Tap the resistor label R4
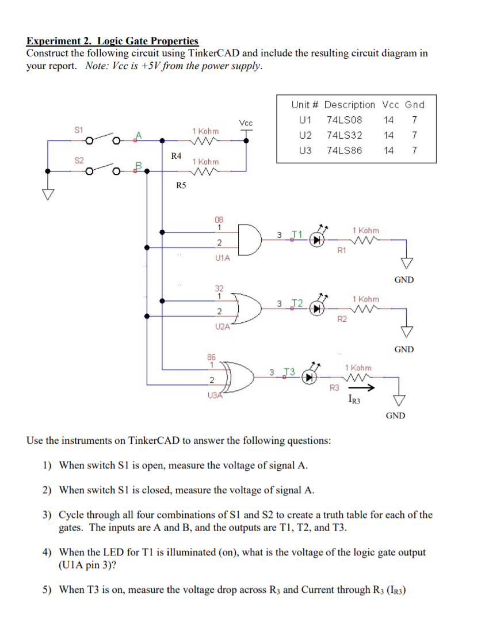pyautogui.click(x=177, y=155)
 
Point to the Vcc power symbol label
pyautogui.click(x=246, y=123)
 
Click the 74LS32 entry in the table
pyautogui.click(x=344, y=135)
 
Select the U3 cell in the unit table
pyautogui.click(x=305, y=151)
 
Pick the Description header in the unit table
pyautogui.click(x=349, y=105)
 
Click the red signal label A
pyautogui.click(x=138, y=135)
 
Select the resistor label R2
pyautogui.click(x=341, y=319)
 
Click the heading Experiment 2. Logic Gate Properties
pyautogui.click(x=112, y=41)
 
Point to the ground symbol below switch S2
pyautogui.click(x=47, y=194)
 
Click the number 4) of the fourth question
pyautogui.click(x=49, y=553)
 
